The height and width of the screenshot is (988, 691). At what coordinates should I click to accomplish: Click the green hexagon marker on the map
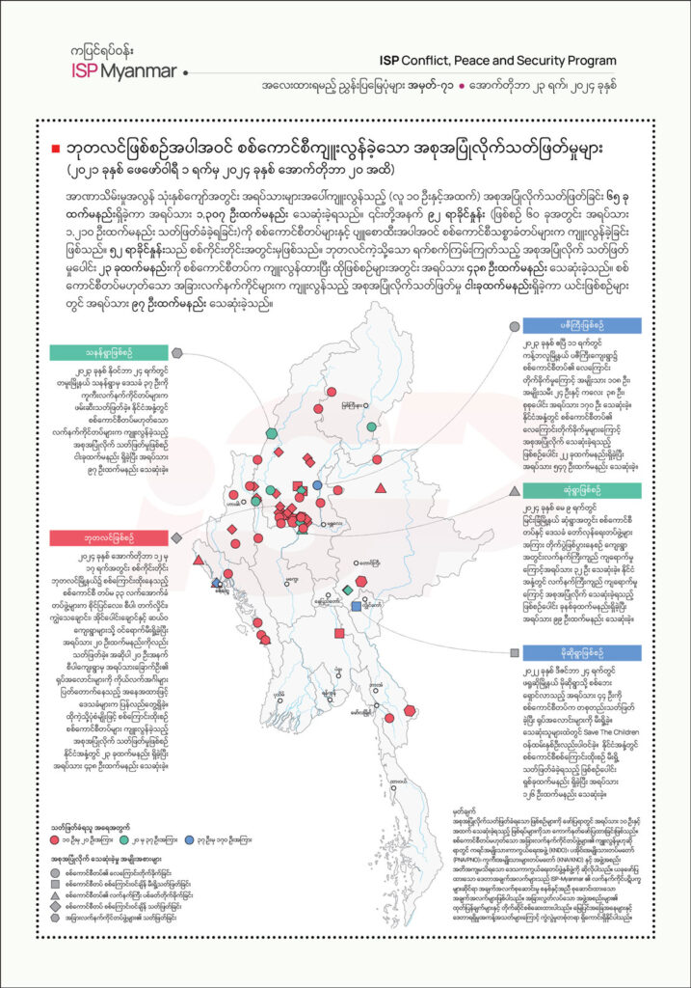click(272, 432)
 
